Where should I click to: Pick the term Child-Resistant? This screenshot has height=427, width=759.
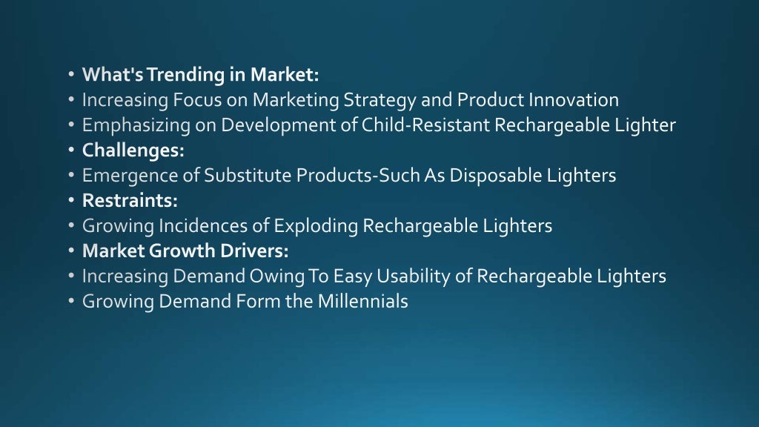(x=426, y=125)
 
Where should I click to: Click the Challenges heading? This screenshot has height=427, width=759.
(x=133, y=150)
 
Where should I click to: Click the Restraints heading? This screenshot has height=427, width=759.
(x=130, y=200)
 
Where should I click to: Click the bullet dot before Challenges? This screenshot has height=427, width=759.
(x=70, y=150)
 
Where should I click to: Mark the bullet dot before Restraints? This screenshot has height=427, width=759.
(x=70, y=200)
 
